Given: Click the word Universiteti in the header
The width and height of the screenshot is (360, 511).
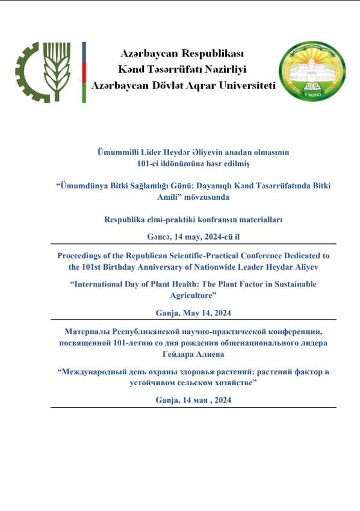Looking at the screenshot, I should pos(241,85).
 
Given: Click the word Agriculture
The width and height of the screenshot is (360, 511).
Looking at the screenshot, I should pos(190,295).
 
